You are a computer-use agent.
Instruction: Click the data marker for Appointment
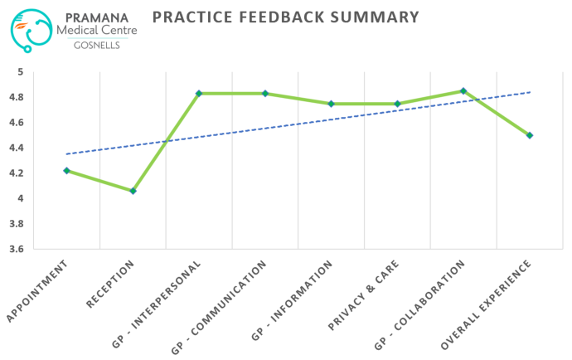click(66, 170)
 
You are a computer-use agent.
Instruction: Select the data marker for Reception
click(133, 191)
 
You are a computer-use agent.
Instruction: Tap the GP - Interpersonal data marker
click(199, 93)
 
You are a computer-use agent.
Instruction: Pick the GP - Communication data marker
click(265, 93)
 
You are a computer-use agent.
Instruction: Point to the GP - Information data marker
click(331, 104)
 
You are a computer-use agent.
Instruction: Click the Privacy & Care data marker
click(397, 104)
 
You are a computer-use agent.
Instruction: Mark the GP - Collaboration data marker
click(463, 90)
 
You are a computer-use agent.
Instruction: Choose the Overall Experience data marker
click(530, 135)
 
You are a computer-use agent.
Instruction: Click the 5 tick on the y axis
click(20, 72)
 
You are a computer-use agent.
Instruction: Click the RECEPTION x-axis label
click(111, 284)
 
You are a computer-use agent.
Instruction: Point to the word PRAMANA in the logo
click(99, 16)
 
